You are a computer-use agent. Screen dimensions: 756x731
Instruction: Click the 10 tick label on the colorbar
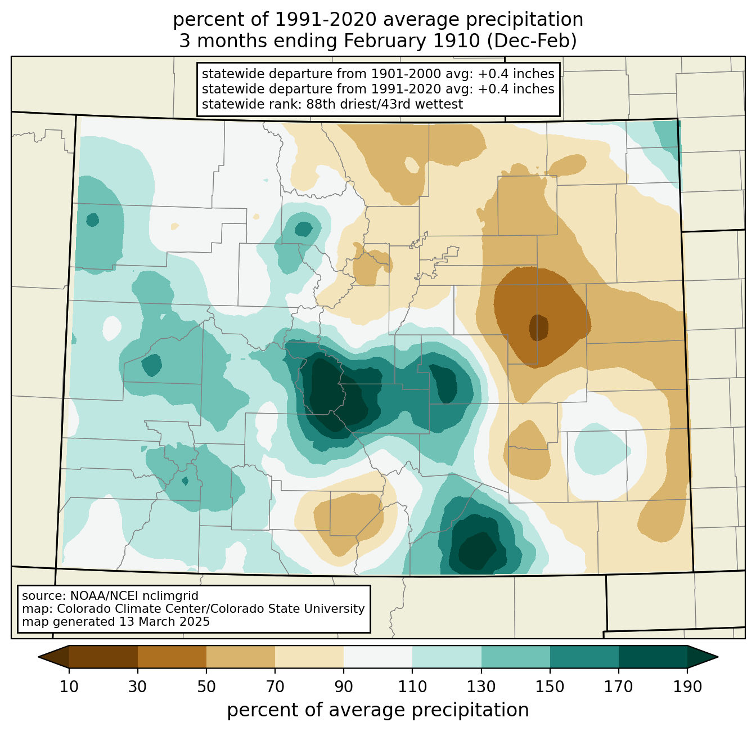click(69, 687)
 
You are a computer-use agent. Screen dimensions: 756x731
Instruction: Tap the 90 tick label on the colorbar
click(344, 687)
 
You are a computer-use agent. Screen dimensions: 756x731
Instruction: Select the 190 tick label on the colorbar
click(687, 687)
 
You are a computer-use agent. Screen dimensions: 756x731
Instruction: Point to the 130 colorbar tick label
click(481, 687)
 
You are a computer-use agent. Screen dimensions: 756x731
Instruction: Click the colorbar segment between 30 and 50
click(172, 656)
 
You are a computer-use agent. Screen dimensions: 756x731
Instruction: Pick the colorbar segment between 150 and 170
click(584, 656)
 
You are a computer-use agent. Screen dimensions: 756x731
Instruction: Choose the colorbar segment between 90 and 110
click(377, 656)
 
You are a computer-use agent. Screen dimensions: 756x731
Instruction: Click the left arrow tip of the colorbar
click(38, 657)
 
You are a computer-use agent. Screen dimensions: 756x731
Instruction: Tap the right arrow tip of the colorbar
click(718, 657)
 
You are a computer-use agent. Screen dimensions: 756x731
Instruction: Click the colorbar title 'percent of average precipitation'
click(377, 710)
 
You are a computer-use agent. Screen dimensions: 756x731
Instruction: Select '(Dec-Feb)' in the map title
click(532, 41)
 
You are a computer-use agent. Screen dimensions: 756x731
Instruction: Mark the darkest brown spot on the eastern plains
click(538, 328)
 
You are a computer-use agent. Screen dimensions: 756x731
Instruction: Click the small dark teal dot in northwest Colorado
click(92, 220)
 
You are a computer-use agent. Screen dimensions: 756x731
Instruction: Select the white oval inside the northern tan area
click(412, 165)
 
